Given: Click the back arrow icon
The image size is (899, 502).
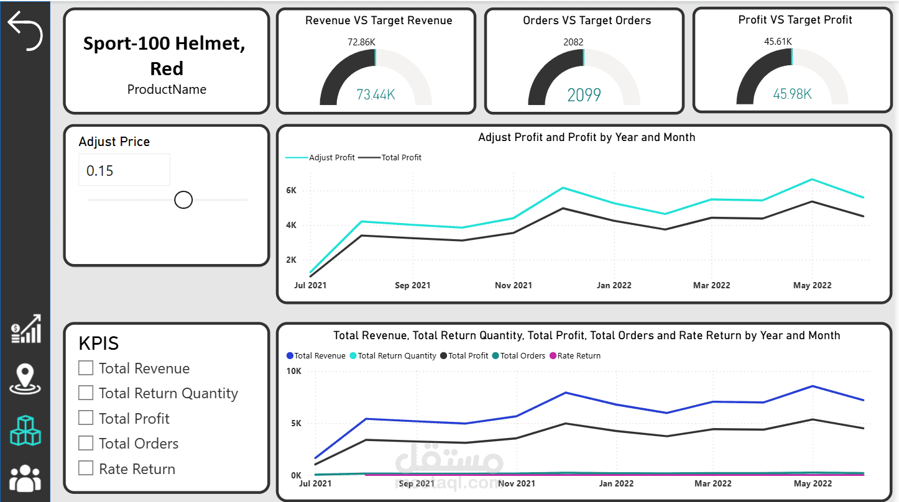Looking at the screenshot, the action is (x=25, y=31).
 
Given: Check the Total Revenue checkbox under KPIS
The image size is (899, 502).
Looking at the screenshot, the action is (x=85, y=368).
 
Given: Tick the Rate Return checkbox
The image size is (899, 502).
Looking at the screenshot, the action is (x=85, y=468).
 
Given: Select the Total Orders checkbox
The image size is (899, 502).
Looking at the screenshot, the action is (x=85, y=443).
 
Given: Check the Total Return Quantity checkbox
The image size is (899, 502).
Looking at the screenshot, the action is (x=85, y=393).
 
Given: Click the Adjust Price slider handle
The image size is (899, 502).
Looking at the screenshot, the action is (x=183, y=199).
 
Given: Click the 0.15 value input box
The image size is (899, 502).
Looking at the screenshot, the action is (x=124, y=170).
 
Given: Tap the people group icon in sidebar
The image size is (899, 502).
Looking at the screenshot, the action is (x=25, y=478).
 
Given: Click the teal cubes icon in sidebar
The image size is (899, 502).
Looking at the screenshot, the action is (x=25, y=431).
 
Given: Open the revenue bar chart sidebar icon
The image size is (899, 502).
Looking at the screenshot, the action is (x=26, y=329).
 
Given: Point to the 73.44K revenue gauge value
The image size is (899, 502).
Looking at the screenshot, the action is (x=376, y=94).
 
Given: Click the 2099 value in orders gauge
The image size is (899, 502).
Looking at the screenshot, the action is (x=584, y=95).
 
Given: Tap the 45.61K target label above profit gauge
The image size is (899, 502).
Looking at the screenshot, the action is (x=778, y=41).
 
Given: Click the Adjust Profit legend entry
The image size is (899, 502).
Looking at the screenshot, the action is (x=320, y=158).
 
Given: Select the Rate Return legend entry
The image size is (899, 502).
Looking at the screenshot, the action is (x=575, y=355).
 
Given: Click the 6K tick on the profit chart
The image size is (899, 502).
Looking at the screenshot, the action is (x=292, y=191).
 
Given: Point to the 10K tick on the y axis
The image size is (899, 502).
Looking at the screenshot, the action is (x=294, y=372).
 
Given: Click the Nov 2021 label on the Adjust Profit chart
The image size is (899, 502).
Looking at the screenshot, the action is (x=514, y=286).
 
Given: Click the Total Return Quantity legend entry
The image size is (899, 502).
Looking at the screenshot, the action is (x=393, y=355).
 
